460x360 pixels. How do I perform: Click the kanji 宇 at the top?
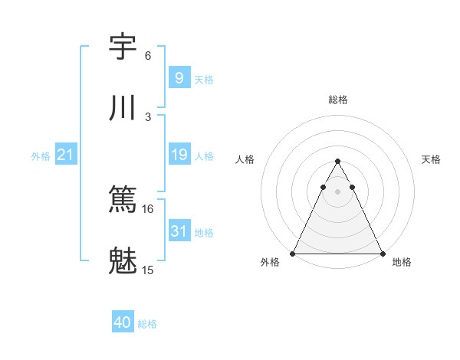pos(123,47)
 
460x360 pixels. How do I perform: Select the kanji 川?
pos(123,108)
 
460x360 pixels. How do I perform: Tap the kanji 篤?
pos(123,200)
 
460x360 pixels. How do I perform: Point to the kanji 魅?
pos(123,261)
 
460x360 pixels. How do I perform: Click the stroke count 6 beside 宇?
pos(148,56)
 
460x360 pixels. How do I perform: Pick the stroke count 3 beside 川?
pos(148,116)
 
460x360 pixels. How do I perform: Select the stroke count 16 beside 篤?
pos(149,208)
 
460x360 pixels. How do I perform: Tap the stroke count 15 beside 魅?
pos(149,270)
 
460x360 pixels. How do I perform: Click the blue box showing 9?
pos(179,77)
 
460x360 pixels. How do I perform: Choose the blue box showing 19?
pos(179,155)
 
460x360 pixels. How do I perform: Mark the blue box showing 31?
pos(179,231)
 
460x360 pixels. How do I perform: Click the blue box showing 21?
pos(66,155)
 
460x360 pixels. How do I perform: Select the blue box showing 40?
pos(123,322)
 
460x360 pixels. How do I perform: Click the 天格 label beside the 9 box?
pos(204,79)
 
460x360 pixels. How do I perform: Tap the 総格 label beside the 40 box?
pos(147,324)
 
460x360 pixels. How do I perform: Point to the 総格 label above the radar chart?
pos(338,100)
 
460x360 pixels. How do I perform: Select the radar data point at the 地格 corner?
pos(382,254)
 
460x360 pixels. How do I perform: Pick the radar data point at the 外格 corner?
pos(293,254)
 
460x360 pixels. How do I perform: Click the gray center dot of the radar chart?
pos(337,191)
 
